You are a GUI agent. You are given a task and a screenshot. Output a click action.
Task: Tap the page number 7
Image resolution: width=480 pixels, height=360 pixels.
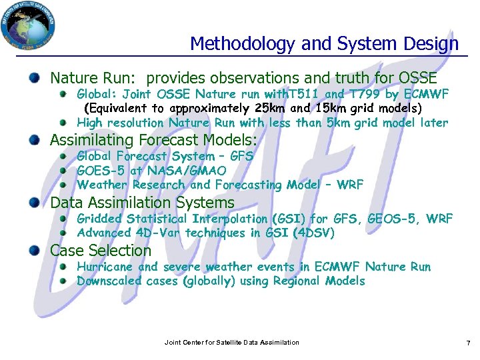point(468,343)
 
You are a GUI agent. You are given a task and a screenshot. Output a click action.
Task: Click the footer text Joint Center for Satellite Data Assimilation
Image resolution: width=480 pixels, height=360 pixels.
point(231,343)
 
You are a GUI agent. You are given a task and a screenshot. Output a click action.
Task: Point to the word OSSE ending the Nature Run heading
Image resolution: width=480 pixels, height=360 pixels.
point(417,78)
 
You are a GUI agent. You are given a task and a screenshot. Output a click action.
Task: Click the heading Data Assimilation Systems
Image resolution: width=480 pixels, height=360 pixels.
point(143,203)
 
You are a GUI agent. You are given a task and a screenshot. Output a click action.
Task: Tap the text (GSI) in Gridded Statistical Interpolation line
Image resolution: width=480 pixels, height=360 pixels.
point(289,219)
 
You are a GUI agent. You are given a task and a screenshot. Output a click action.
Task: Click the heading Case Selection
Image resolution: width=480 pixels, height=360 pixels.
point(101,251)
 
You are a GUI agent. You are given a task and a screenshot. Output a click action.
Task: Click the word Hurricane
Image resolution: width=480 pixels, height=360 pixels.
point(105,267)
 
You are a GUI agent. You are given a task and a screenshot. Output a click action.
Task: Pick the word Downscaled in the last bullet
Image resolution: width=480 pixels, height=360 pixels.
point(109,281)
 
